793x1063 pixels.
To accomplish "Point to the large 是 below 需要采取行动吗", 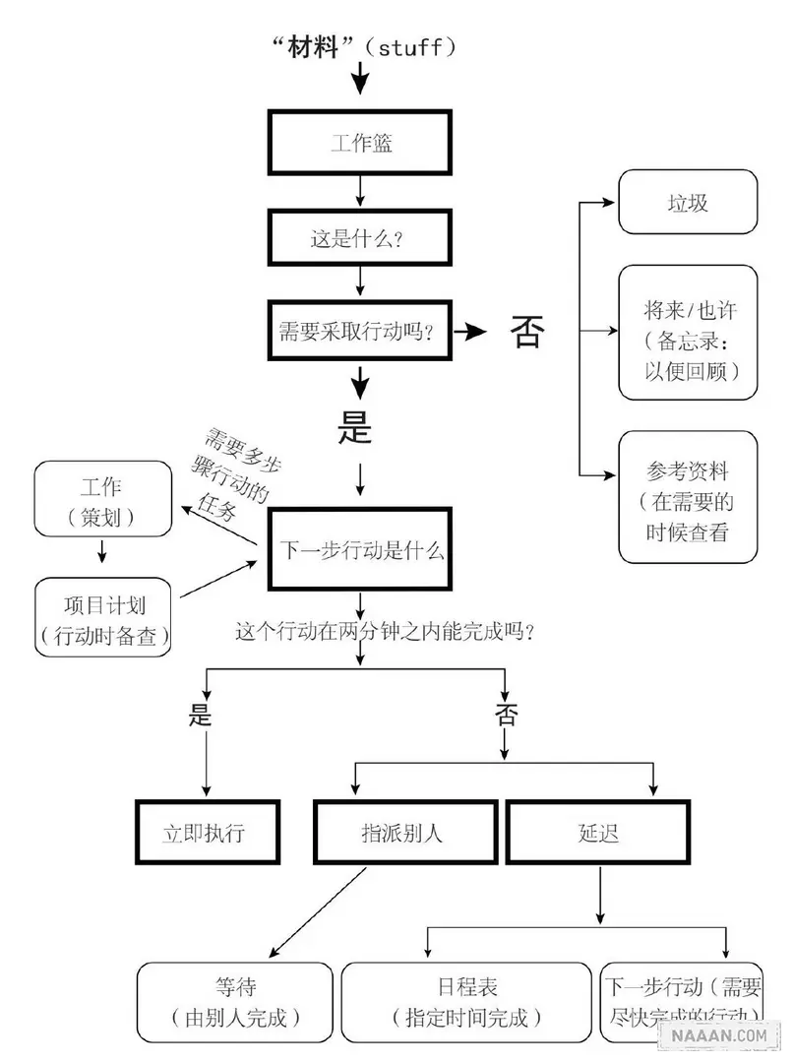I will (x=355, y=425).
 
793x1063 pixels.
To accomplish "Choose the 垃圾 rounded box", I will (x=688, y=203).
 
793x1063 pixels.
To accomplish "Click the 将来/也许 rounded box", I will (x=688, y=332).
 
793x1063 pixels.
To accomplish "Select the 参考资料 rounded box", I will (x=688, y=497).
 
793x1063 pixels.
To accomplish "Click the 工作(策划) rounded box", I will (x=101, y=501).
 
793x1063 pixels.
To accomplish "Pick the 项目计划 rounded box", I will (x=103, y=617).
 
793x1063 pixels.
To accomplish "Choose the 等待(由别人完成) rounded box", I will (x=235, y=1001).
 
